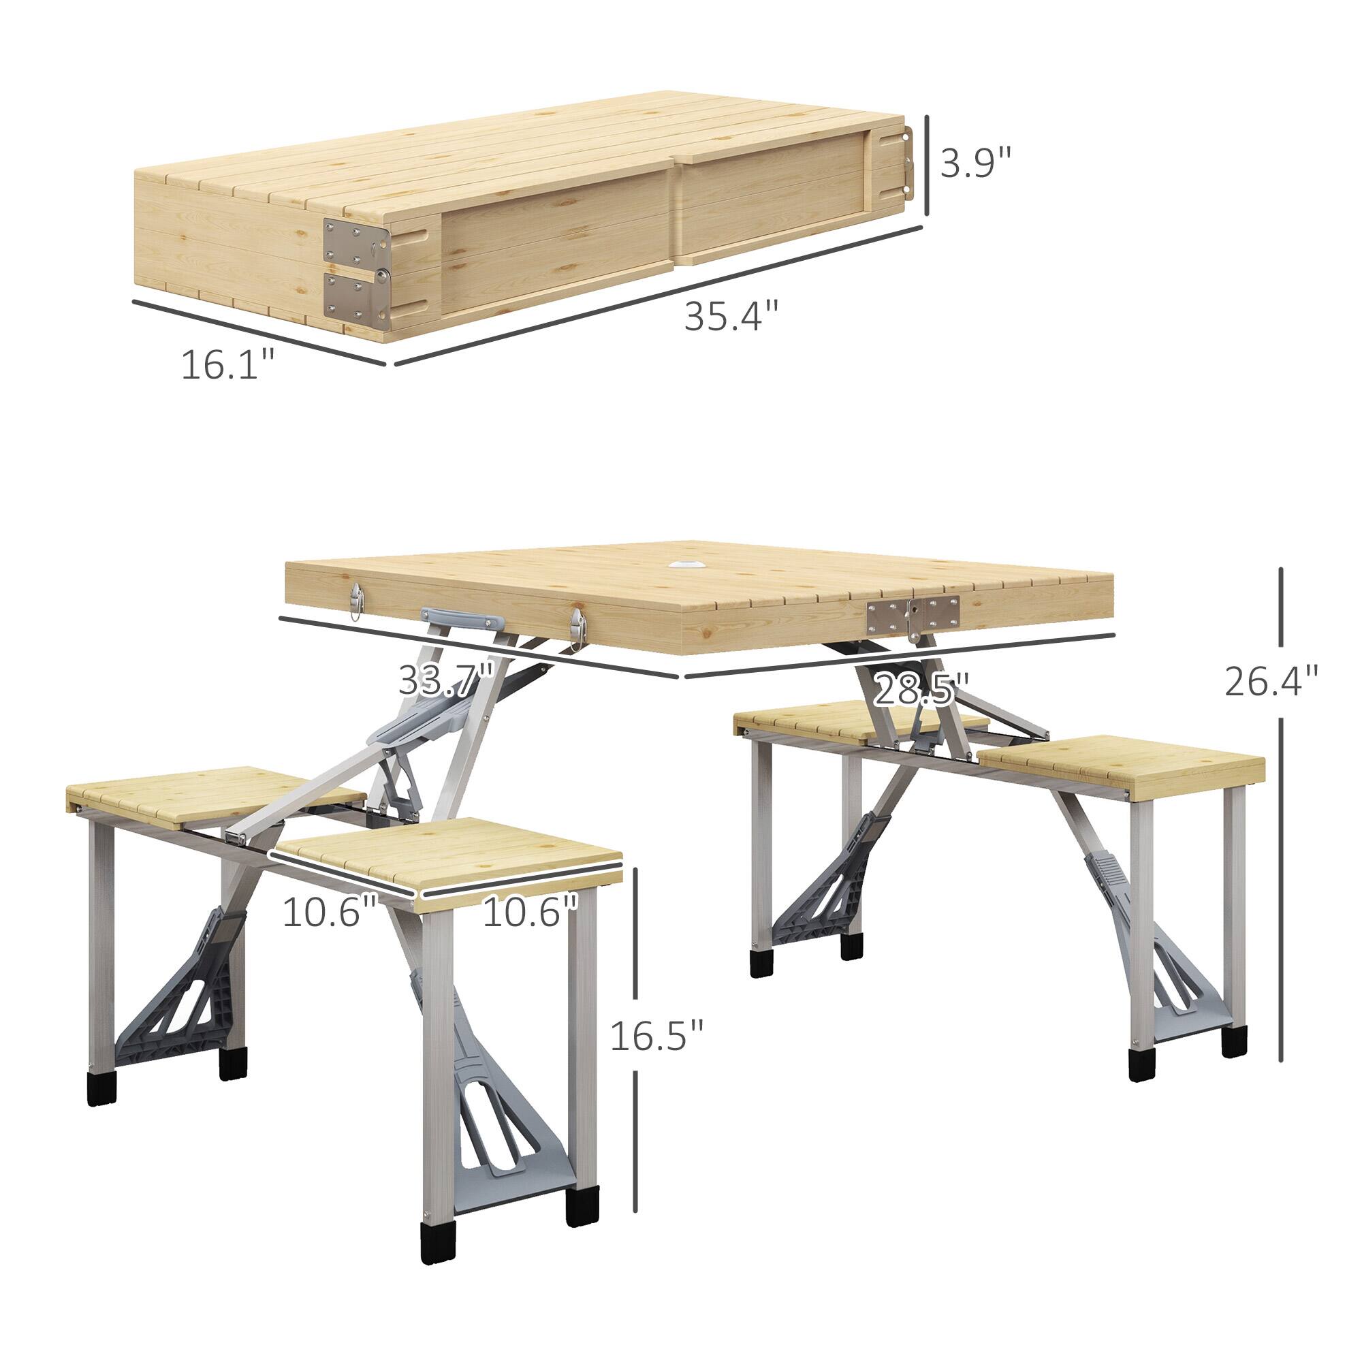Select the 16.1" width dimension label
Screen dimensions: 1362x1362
227,364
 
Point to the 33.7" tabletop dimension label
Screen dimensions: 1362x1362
446,680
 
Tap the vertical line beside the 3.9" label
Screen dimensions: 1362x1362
925,166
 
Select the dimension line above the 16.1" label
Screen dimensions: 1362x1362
259,332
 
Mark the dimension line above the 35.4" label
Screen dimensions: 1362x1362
659,296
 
